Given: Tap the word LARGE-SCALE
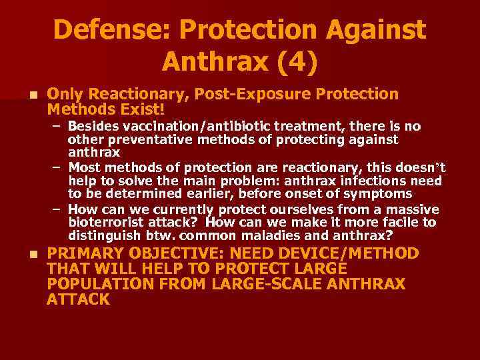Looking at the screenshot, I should tap(264, 284).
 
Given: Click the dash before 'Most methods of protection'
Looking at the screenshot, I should tap(59, 166).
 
